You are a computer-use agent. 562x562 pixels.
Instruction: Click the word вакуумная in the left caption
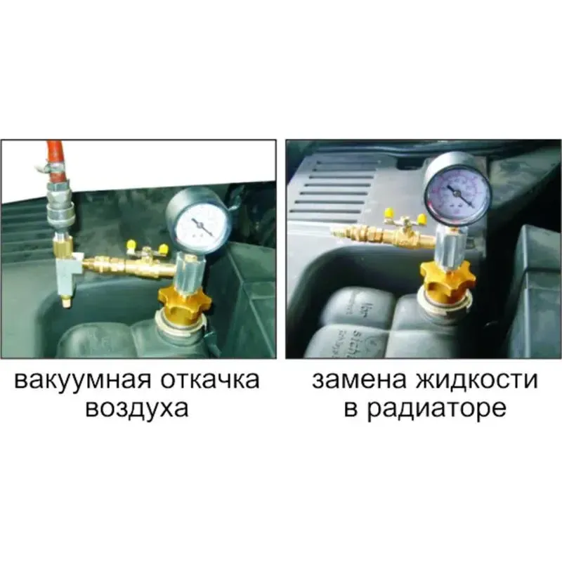[x=82, y=380]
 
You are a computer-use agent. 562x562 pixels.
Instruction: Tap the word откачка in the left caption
[x=209, y=380]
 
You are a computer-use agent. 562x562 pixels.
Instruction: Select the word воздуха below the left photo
[x=137, y=408]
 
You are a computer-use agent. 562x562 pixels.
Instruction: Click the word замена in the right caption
[x=359, y=380]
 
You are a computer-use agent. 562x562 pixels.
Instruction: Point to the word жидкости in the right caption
[x=477, y=380]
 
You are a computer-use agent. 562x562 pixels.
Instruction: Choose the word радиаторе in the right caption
[x=437, y=409]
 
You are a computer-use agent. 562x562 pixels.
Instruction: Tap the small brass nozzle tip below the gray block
[x=65, y=303]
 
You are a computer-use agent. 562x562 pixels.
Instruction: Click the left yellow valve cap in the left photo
[x=130, y=245]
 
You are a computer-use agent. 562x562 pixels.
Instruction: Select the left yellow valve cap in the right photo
[x=388, y=214]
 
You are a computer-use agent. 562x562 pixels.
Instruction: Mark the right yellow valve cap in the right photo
[x=422, y=218]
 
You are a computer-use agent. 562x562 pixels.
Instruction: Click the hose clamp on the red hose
[x=52, y=167]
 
